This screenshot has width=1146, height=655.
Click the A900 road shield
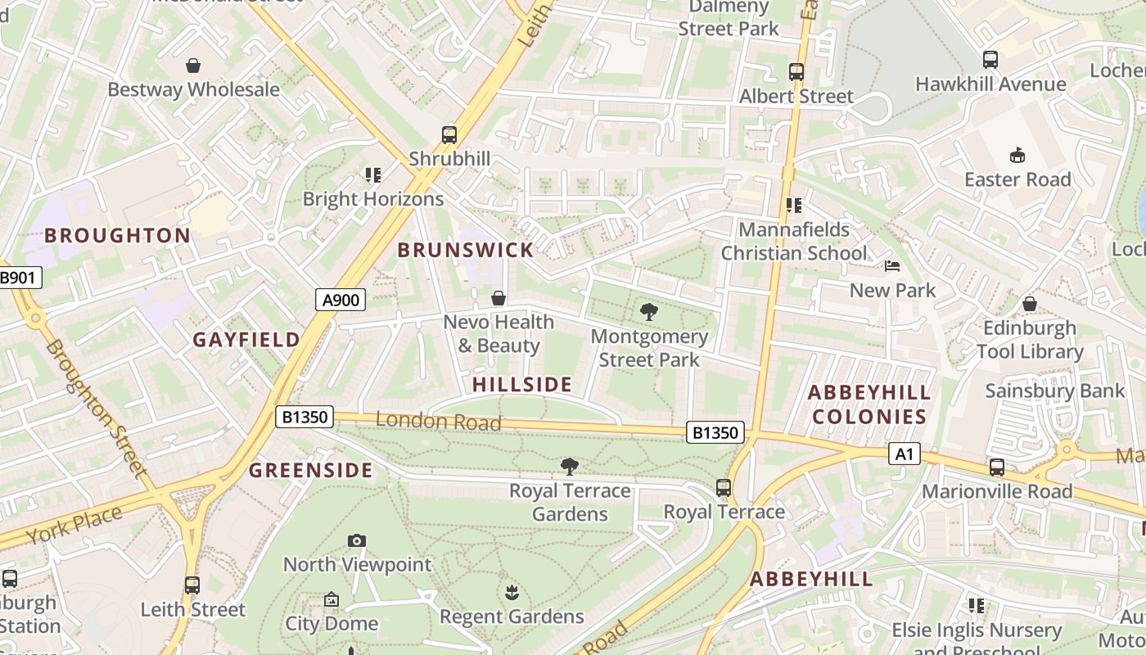coord(341,300)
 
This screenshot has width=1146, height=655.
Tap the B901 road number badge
coord(18,278)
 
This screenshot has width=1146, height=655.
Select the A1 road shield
coord(905,453)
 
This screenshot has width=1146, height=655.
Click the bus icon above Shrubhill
coord(449,135)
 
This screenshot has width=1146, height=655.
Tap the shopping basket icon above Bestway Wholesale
coord(193,65)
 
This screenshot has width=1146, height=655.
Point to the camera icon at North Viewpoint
coord(356,540)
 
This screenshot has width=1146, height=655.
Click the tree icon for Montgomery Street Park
coord(649,312)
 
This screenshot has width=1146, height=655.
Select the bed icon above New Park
coord(892,266)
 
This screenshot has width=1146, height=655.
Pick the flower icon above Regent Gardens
coord(512,592)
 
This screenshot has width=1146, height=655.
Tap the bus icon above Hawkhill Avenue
coord(990,60)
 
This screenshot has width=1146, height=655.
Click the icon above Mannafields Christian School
coord(793,205)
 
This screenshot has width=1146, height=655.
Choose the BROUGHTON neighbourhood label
coord(117,236)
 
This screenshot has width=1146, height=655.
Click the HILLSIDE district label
coord(522,384)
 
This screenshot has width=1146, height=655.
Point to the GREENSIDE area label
coord(311,471)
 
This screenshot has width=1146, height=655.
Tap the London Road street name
coord(438,422)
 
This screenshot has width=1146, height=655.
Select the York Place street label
coord(74,525)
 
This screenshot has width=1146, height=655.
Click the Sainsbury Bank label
coord(1055,391)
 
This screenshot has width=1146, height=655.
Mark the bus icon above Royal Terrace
coord(724,488)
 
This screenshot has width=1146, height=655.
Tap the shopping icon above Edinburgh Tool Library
coord(1030,304)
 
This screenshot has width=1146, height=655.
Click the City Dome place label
coord(332,624)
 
